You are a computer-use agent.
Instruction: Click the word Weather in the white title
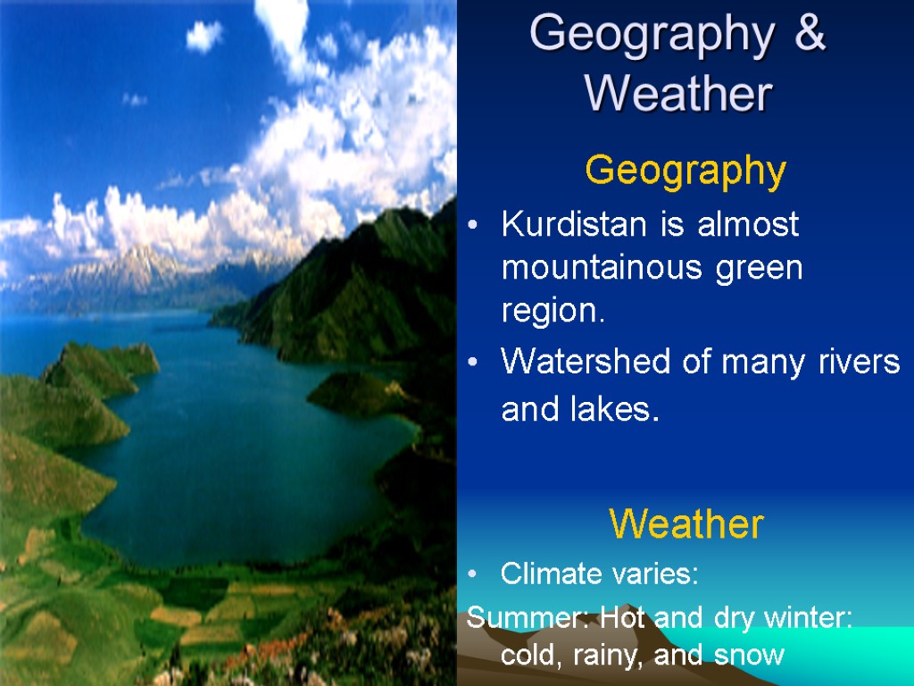678,93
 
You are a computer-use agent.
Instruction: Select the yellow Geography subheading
685,170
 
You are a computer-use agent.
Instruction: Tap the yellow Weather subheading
686,524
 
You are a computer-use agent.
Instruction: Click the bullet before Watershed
474,363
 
